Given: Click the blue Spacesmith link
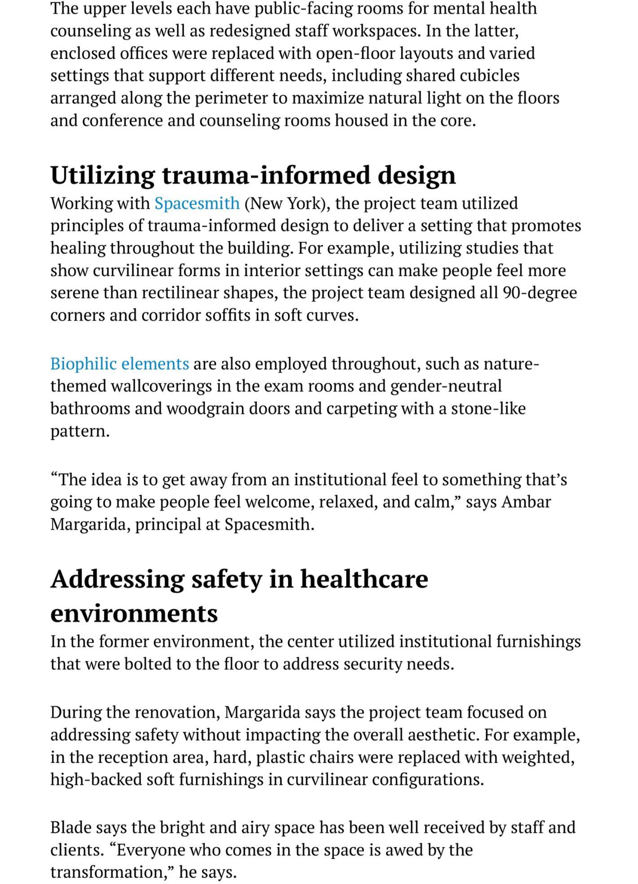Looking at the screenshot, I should [x=197, y=203].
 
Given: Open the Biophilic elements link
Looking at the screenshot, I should [x=119, y=364].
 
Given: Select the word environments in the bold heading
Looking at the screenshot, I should [x=134, y=613].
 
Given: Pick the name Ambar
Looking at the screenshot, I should [x=526, y=501].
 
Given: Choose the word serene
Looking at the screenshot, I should [x=74, y=293].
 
